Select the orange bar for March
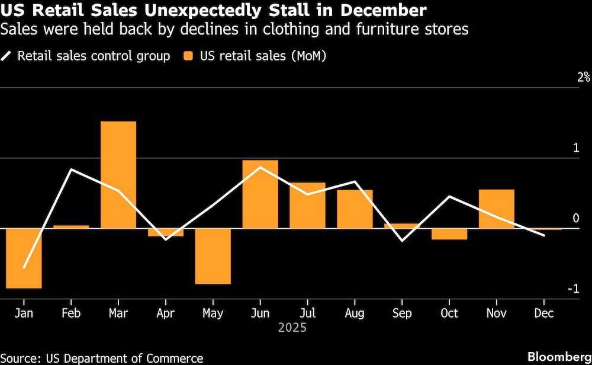click(x=118, y=175)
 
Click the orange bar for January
click(x=24, y=258)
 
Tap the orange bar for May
click(x=213, y=256)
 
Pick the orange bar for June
click(x=260, y=194)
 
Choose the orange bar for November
click(x=497, y=209)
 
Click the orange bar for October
click(x=449, y=234)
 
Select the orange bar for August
click(x=355, y=209)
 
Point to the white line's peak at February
click(x=71, y=169)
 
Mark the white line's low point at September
click(x=403, y=241)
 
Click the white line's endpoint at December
click(x=544, y=235)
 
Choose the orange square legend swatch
click(x=188, y=56)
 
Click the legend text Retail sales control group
click(x=94, y=56)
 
